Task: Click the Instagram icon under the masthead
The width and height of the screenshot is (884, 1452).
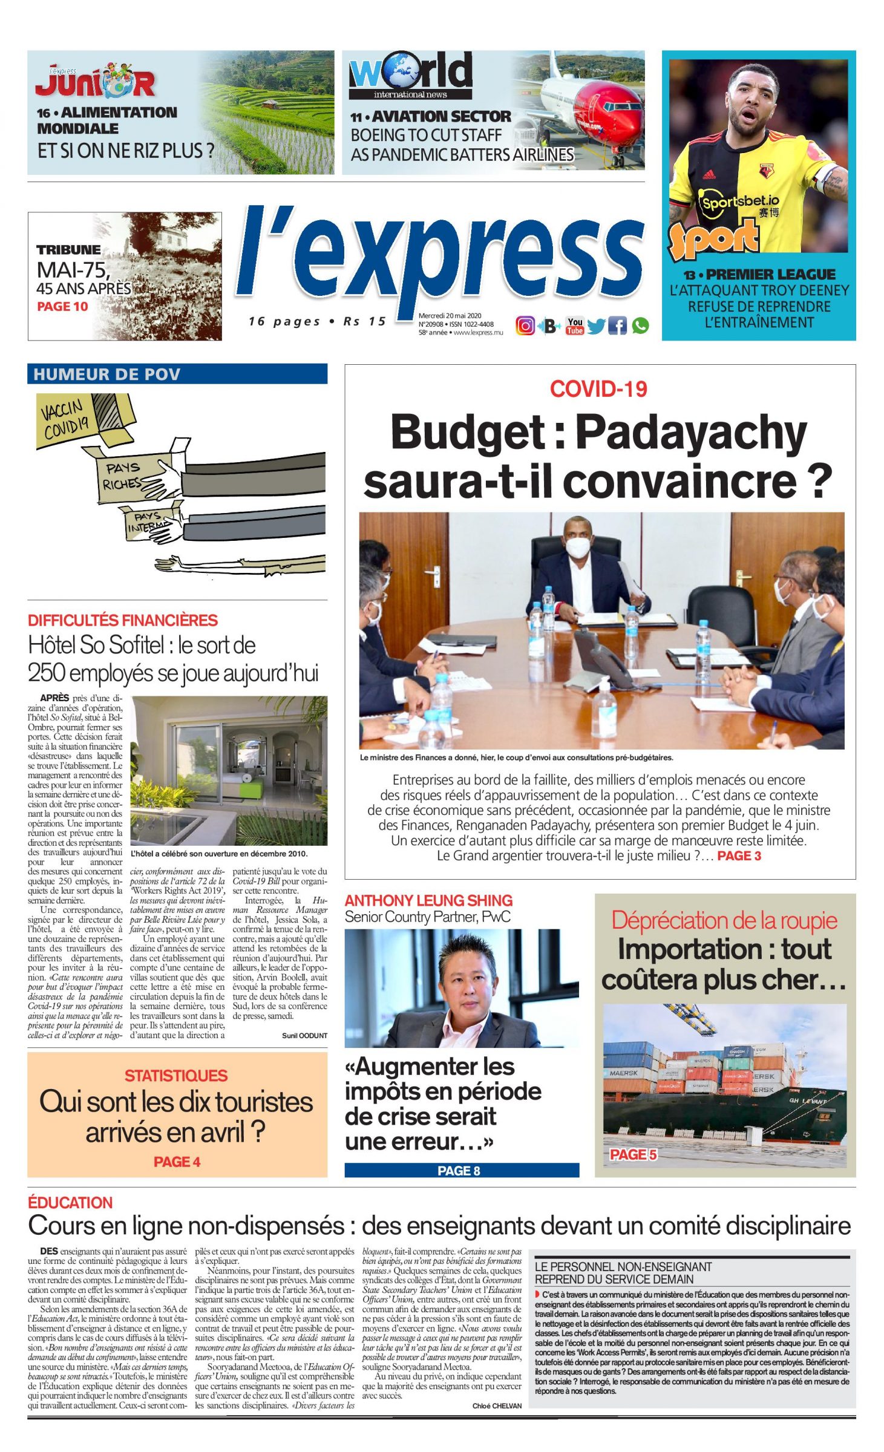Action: point(525,325)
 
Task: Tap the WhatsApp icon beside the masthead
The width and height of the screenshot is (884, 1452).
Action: point(640,325)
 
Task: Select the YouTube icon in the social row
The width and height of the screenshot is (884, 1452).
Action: point(575,325)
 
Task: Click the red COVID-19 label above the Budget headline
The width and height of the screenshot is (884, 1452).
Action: point(598,389)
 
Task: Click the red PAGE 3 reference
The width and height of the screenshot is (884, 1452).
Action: point(739,855)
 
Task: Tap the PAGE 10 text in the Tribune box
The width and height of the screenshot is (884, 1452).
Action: point(62,307)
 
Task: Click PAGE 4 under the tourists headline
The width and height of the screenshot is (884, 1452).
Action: point(177,1162)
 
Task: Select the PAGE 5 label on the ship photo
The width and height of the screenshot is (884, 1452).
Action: point(633,1154)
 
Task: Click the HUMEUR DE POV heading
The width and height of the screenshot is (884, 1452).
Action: point(107,374)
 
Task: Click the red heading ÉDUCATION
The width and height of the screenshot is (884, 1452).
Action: point(70,1202)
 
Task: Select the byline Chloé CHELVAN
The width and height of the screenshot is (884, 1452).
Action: point(497,1406)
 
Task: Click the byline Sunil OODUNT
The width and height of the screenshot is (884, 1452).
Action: point(304,1036)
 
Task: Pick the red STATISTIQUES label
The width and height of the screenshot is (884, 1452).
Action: point(176,1076)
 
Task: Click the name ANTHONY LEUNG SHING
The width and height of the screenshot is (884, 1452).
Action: point(428,901)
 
